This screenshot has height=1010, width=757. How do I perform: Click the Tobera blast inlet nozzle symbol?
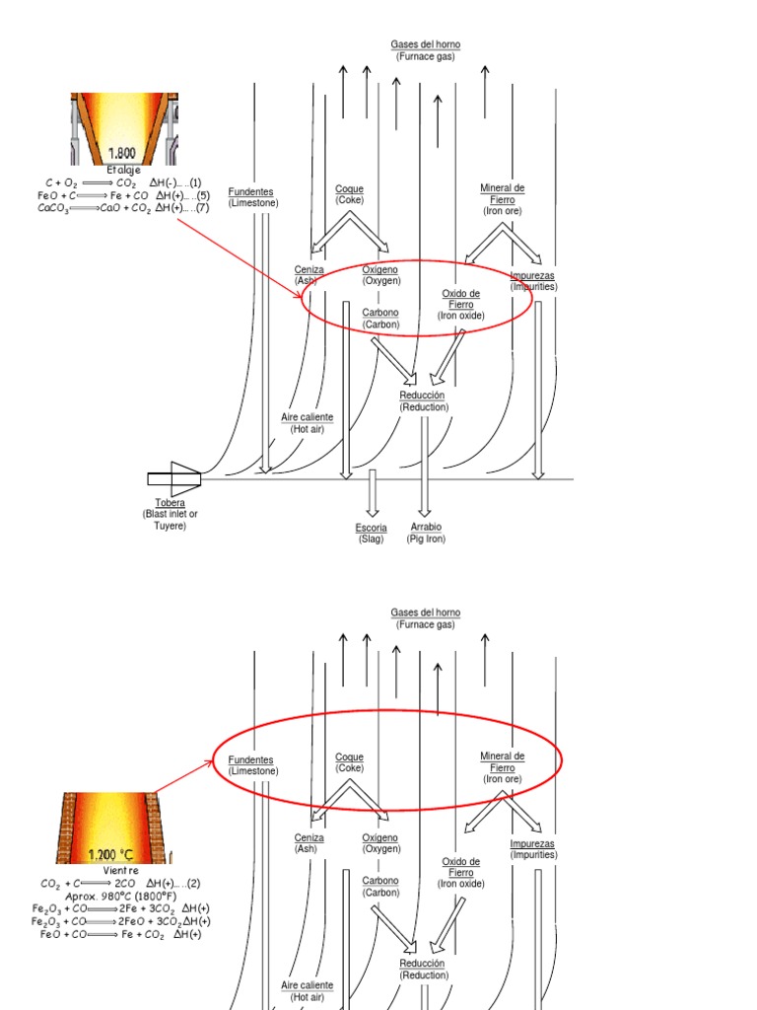coord(175,479)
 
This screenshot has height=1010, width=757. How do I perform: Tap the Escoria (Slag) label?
coord(372,534)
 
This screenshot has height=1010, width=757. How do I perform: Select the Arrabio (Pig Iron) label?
coord(426,534)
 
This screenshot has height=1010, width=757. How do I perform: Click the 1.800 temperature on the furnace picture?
coord(123,153)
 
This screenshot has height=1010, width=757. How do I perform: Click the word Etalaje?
coord(123,170)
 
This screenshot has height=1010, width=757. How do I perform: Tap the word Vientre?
coord(120,872)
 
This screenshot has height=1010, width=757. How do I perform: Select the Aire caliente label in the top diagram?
coord(307,423)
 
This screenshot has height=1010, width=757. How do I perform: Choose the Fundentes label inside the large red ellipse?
coord(252,765)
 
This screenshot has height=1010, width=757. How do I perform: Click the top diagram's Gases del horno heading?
coord(425,50)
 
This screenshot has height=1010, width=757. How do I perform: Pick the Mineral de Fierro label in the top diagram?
coord(502,198)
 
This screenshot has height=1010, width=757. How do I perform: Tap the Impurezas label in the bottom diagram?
coord(532,849)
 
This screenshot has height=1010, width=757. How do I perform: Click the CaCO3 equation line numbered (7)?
coord(123,208)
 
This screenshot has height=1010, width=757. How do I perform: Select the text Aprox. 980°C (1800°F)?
coord(120,896)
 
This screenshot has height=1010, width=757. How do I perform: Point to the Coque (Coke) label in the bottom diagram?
coord(349,761)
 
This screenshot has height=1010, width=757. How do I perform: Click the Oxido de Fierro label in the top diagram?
coord(461,304)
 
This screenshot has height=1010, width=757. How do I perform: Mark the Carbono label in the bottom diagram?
coord(379,886)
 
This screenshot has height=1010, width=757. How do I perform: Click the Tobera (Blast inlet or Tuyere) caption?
coord(171,514)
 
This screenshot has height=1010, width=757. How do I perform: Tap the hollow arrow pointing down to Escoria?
coord(372,492)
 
